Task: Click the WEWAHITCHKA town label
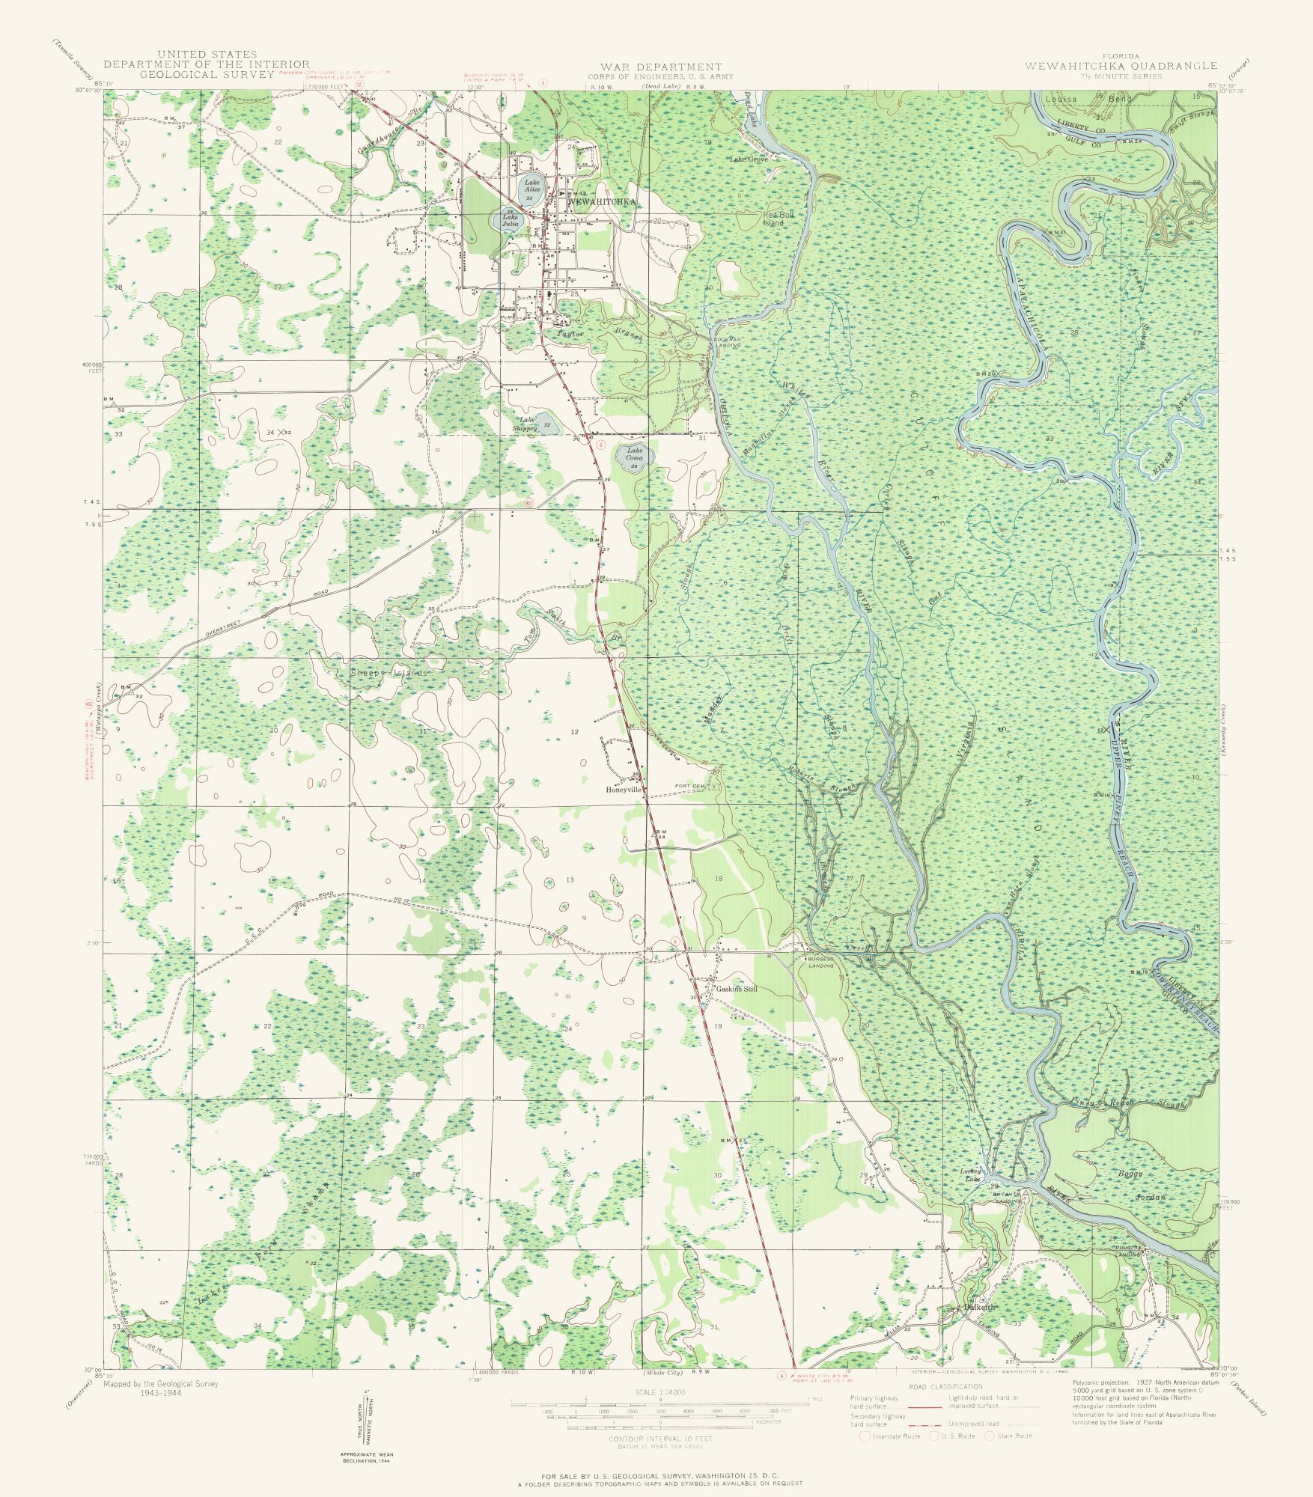click(603, 202)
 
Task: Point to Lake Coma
click(635, 454)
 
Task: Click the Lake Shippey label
click(525, 424)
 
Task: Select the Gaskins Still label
click(737, 989)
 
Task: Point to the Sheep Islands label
click(389, 673)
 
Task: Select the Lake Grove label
click(749, 159)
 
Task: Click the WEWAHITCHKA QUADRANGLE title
click(1121, 66)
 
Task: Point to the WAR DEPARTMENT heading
click(660, 67)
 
